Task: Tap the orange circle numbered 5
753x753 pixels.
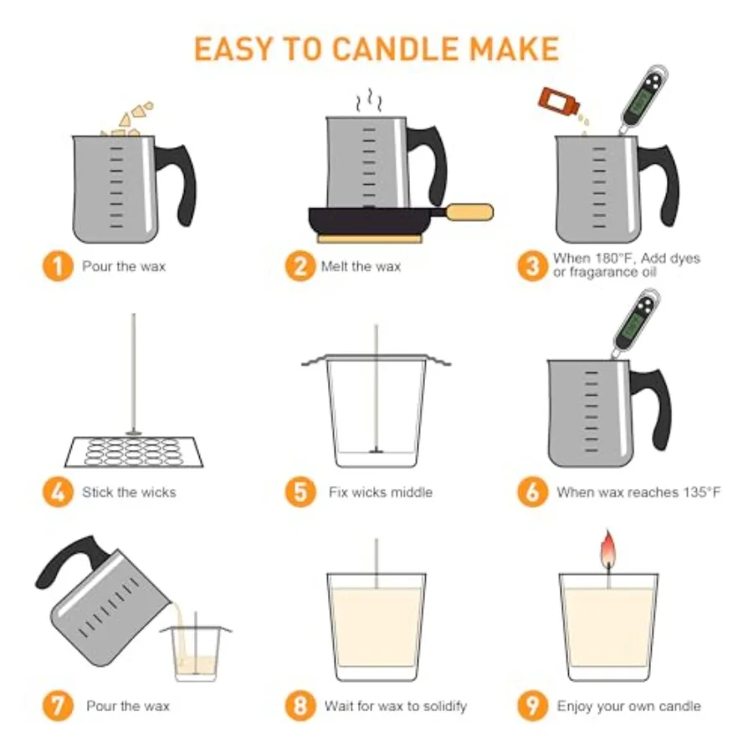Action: [x=300, y=492]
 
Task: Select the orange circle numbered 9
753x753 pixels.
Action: [x=531, y=706]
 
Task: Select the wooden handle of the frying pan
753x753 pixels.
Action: [x=469, y=212]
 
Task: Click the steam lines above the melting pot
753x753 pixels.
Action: [x=367, y=103]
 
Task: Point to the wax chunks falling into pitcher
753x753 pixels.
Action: [x=132, y=117]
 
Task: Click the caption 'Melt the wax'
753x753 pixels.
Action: [x=361, y=267]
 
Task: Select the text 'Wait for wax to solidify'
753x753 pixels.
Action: [x=395, y=706]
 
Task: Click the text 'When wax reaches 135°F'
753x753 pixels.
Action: [x=638, y=492]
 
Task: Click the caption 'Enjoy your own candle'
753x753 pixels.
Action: [x=628, y=706]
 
